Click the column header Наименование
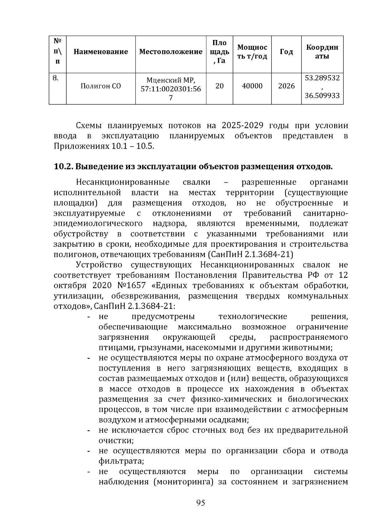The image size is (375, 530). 101,52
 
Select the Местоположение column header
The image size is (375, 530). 171,52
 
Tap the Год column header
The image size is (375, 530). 286,52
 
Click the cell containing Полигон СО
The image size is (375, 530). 101,86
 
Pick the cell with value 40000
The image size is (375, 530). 252,86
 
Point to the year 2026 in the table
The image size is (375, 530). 286,86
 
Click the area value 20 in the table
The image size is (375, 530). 219,86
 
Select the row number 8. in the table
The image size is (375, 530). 55,78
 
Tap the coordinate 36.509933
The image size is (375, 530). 322,96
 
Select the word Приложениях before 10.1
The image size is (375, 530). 81,146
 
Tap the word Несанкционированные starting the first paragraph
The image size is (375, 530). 123,182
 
